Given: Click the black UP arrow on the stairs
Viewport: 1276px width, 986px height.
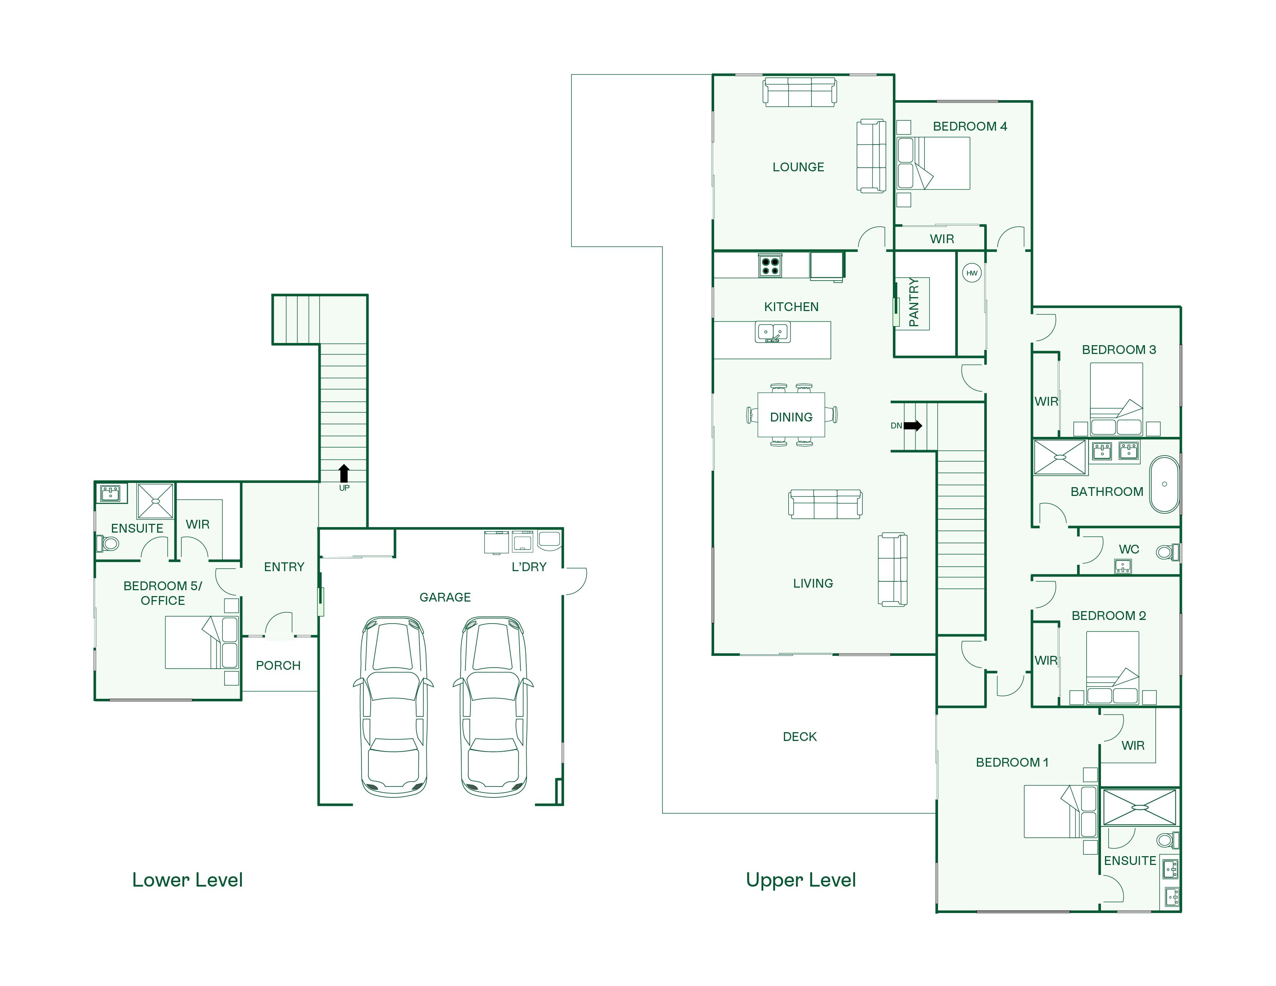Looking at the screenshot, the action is coord(344,473).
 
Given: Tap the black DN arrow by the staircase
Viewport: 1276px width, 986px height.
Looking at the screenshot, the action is coord(913,426).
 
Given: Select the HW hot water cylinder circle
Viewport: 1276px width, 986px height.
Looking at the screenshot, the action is coord(972,273).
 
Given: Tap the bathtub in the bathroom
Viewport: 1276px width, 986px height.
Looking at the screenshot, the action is coord(1164,484).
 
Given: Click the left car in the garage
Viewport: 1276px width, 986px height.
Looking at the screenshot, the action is coord(393,706).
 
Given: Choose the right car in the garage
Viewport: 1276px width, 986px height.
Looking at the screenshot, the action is coord(494,706).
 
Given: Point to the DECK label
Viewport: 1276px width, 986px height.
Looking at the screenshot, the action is coord(799,737).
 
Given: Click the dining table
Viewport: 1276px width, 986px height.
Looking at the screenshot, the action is coord(791,415).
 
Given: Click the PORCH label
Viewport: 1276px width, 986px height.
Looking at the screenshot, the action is coord(278,665).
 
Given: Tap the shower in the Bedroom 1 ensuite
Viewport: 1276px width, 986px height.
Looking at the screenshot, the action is coord(1139,807).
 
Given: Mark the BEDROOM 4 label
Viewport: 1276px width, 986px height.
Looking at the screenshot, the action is coord(970,126).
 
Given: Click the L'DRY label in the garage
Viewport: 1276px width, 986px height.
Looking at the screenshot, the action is coord(529,567).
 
